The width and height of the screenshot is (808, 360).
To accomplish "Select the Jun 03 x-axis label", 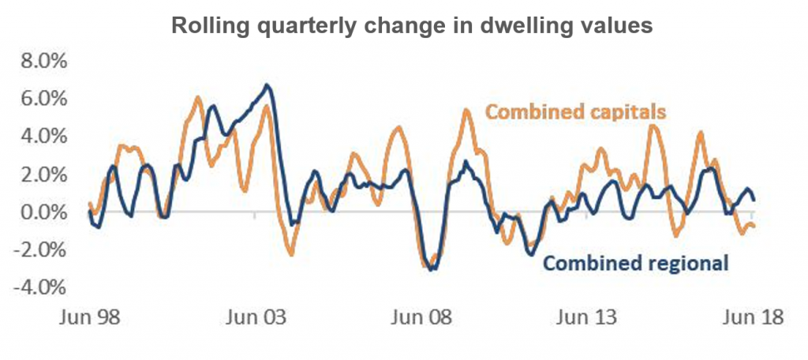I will coord(256,318).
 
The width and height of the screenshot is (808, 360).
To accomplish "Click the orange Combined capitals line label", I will coord(576,111).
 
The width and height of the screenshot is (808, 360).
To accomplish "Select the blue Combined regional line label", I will coord(636,263).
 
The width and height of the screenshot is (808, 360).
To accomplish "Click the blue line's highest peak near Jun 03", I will coord(267,84).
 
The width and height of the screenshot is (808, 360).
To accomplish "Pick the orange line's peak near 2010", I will coord(466,110).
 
